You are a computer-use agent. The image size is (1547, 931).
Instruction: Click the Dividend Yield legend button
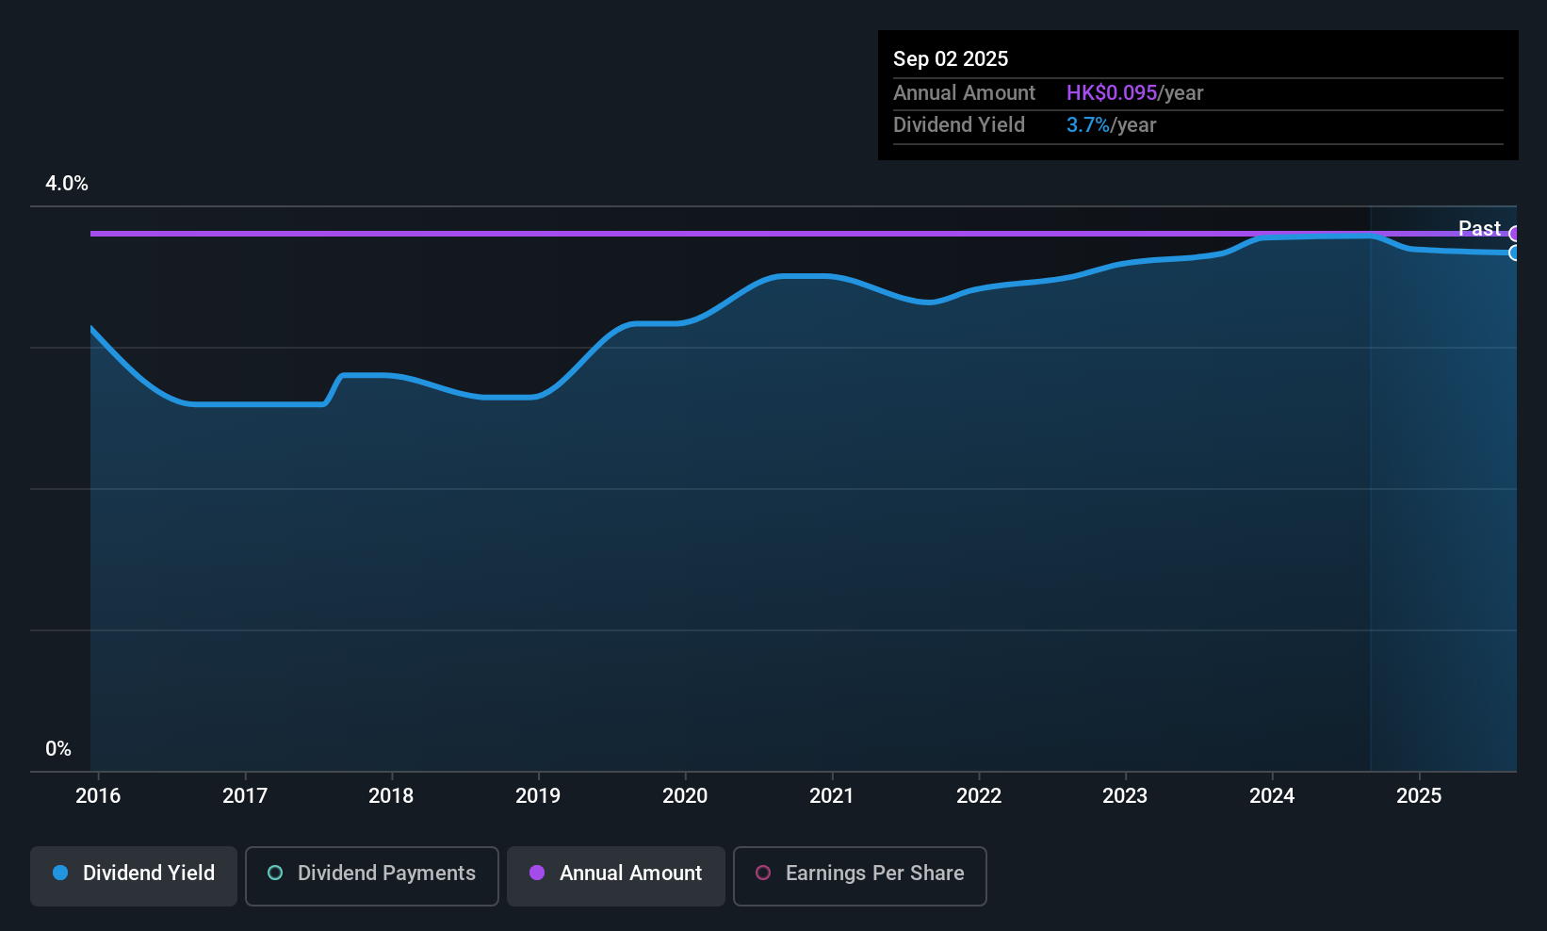(134, 874)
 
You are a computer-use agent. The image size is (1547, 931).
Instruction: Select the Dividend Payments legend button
(372, 874)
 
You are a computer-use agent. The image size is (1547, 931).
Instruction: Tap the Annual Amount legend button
(616, 874)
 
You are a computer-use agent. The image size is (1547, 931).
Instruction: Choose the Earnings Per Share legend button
(859, 874)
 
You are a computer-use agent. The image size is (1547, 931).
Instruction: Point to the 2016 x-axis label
(98, 796)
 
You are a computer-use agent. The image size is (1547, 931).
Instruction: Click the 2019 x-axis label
(538, 796)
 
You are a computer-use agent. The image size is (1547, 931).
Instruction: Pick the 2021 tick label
(832, 796)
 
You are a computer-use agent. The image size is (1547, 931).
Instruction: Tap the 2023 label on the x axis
(1125, 796)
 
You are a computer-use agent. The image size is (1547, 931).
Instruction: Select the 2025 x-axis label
(1419, 796)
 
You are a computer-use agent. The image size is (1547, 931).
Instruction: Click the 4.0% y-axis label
(67, 184)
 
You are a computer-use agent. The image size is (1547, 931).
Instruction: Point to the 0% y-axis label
(58, 749)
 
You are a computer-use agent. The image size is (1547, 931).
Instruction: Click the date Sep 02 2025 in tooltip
(951, 59)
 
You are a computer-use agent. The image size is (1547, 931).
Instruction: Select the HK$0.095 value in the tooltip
(1112, 93)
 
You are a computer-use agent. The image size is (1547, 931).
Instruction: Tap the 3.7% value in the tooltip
(1088, 125)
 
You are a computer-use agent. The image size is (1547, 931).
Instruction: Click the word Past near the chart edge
(1479, 229)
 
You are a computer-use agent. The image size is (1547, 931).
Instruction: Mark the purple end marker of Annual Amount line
(1515, 234)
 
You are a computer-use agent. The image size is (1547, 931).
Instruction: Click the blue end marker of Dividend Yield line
(1515, 253)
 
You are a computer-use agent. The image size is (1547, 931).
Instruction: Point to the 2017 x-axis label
(245, 796)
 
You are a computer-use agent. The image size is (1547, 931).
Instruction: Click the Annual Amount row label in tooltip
(964, 93)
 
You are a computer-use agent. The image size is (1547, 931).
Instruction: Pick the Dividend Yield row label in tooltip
(959, 125)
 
